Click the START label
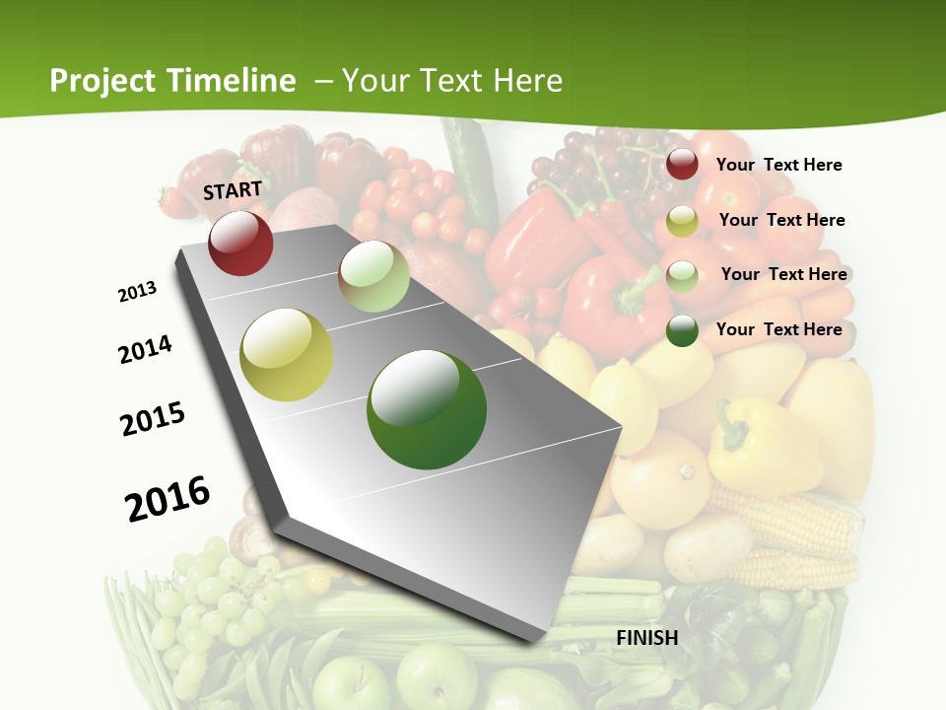[233, 190]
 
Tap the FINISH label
[647, 638]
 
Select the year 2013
[138, 292]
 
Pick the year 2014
[145, 349]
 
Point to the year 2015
[153, 419]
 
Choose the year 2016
[168, 498]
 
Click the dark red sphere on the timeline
[240, 243]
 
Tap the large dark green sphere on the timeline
[427, 409]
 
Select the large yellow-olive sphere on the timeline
[287, 355]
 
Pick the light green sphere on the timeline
[374, 276]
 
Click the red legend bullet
[682, 165]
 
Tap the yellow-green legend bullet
[682, 221]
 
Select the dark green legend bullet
[682, 330]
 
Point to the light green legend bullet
[682, 275]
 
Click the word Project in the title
[101, 81]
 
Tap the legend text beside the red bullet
[778, 165]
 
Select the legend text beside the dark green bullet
[778, 329]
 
